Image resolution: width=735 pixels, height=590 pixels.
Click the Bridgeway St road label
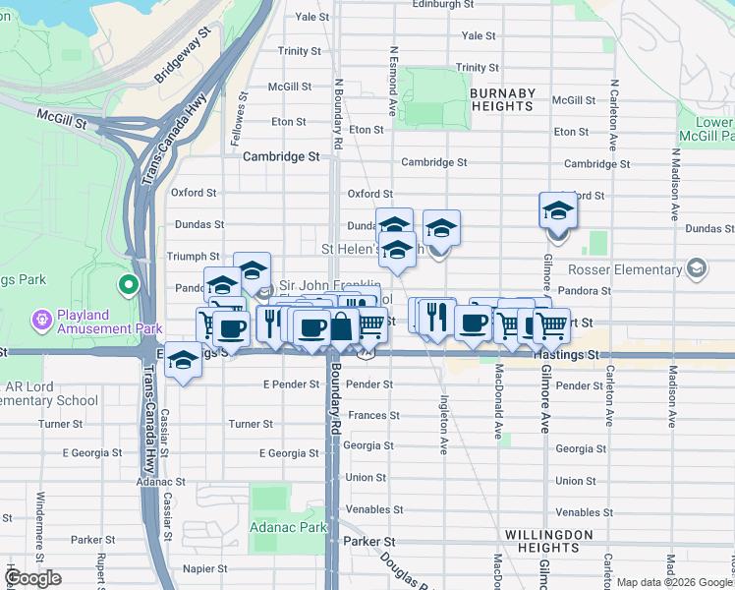(x=184, y=55)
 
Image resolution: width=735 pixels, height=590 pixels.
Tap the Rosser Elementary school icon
(x=697, y=267)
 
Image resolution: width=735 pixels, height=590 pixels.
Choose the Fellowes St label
(x=237, y=122)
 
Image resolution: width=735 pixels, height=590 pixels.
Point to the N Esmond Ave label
(x=393, y=82)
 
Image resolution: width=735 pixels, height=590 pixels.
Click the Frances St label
(x=370, y=416)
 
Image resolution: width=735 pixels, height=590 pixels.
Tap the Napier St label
(x=204, y=568)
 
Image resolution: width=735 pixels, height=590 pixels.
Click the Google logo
(x=32, y=578)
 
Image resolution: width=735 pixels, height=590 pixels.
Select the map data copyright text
(x=674, y=582)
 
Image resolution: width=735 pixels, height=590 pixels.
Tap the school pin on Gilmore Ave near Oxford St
(x=557, y=210)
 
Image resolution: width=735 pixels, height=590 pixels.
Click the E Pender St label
(x=286, y=383)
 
